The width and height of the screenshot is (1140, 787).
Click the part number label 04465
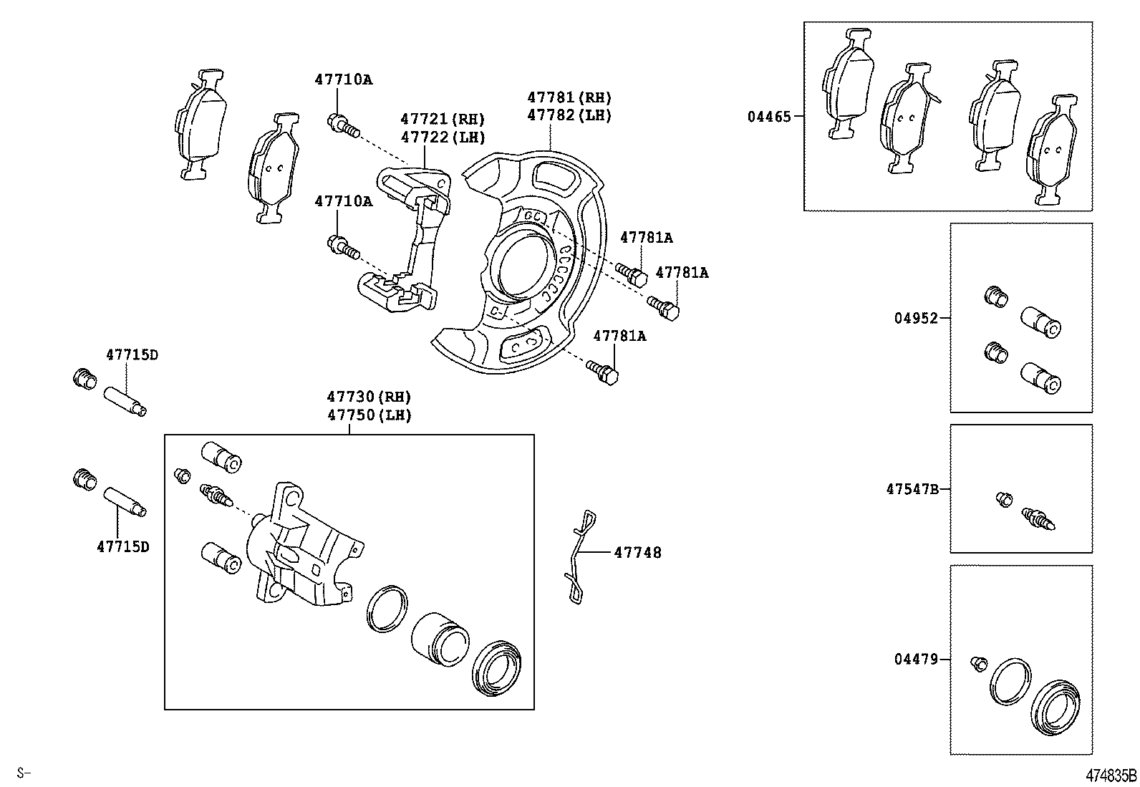point(769,116)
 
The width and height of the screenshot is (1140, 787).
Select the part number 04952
point(915,318)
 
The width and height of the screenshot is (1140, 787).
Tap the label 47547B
point(912,489)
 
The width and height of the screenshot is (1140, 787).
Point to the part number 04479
point(915,659)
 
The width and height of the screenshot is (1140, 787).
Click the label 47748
point(637,552)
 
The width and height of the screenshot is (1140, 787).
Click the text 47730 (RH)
point(369,397)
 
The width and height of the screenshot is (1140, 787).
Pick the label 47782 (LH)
point(569,115)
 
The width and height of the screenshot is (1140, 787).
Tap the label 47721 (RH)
point(442,119)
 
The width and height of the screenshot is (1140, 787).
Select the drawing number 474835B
point(1111,776)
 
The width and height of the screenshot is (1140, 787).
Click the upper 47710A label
point(343,79)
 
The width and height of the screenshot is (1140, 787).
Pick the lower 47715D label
point(123,546)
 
